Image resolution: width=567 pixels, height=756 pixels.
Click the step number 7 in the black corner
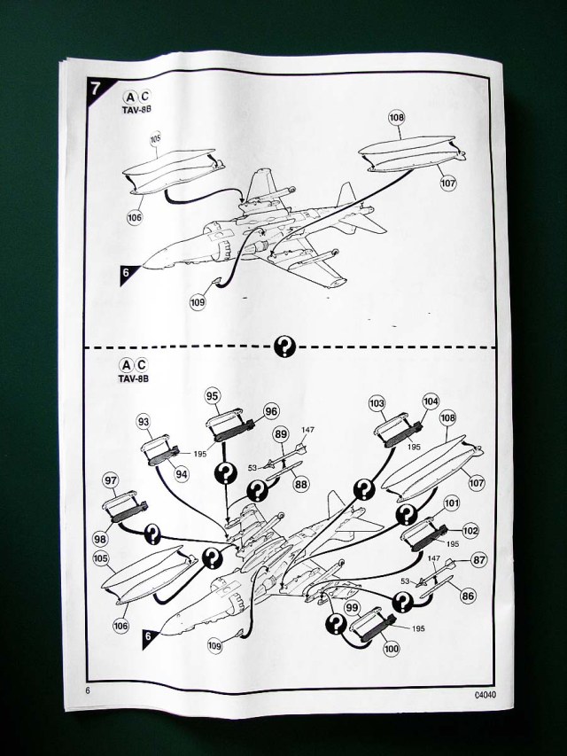pyautogui.click(x=93, y=89)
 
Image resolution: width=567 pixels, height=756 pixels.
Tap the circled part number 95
pyautogui.click(x=213, y=395)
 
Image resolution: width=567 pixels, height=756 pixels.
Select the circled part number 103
pyautogui.click(x=377, y=404)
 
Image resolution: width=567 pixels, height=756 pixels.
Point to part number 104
pyautogui.click(x=431, y=401)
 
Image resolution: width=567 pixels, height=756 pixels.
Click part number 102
pyautogui.click(x=470, y=531)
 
